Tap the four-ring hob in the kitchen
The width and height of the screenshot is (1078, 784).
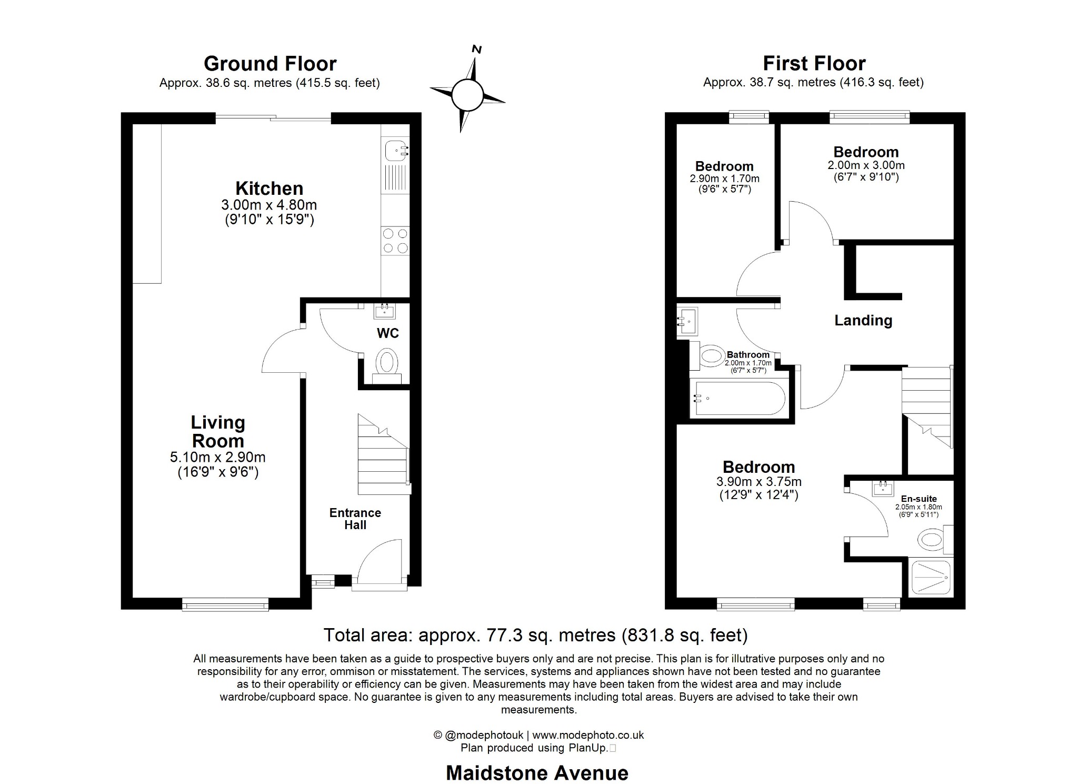click(x=395, y=241)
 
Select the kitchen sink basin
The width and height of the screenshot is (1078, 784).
click(x=394, y=151)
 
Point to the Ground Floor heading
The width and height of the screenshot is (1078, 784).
click(x=270, y=64)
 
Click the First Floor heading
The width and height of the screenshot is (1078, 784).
click(x=814, y=64)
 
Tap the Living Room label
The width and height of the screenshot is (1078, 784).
click(x=217, y=431)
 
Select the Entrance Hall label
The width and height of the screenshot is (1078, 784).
click(x=355, y=519)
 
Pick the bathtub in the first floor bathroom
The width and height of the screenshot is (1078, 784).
click(x=740, y=399)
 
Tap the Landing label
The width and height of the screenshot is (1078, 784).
click(x=863, y=320)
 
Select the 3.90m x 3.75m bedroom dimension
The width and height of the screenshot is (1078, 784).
click(x=758, y=482)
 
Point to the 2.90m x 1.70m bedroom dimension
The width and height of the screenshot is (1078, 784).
click(x=724, y=179)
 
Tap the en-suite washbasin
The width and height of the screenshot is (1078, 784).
click(x=883, y=489)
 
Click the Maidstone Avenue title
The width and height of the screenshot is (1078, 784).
click(x=537, y=773)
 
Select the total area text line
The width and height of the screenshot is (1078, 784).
click(x=535, y=635)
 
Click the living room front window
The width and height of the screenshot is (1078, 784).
click(x=225, y=606)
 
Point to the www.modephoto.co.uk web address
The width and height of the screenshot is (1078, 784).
click(x=588, y=735)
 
